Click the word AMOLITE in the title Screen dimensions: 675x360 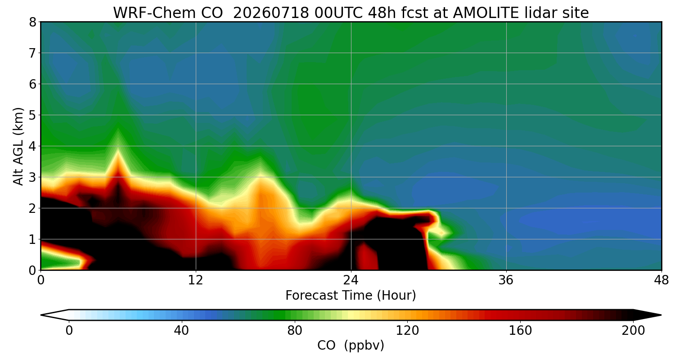click(x=486, y=13)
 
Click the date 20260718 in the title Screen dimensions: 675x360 click(x=271, y=13)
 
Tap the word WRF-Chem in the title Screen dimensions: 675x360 click(x=168, y=13)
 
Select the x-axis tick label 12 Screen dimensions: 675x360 click(x=196, y=280)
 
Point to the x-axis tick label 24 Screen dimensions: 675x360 click(x=351, y=280)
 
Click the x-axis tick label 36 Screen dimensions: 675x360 click(x=506, y=280)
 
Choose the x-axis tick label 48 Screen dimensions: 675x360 click(x=661, y=280)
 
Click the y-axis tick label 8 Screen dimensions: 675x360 click(x=32, y=22)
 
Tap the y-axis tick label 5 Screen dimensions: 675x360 click(x=32, y=115)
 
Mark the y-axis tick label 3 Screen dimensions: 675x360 click(x=32, y=177)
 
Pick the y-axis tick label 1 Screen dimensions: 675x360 click(x=32, y=239)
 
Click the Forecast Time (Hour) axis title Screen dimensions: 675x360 click(x=351, y=296)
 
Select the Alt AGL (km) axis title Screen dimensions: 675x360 click(x=18, y=146)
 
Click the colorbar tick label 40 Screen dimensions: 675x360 click(x=181, y=331)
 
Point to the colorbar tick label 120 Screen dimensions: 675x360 click(x=407, y=331)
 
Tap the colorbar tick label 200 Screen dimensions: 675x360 click(x=633, y=331)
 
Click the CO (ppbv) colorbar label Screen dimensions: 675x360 click(x=351, y=346)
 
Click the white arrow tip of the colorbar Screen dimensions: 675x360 click(x=41, y=315)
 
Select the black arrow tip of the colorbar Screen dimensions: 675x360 click(x=661, y=315)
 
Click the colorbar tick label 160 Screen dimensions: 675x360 click(x=520, y=331)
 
